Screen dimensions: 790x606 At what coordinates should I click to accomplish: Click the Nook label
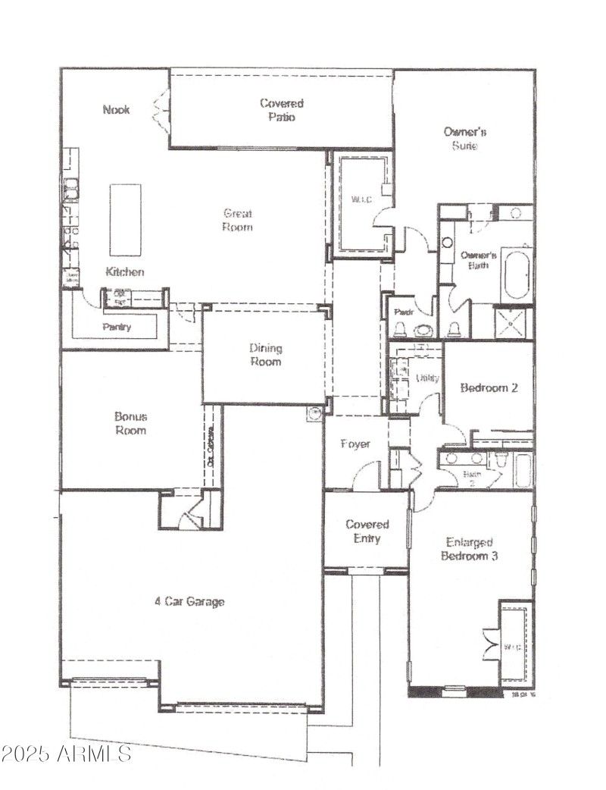coord(116,109)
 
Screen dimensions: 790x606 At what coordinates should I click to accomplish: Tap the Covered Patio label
coord(281,110)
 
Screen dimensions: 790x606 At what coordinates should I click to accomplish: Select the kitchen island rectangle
coord(125,220)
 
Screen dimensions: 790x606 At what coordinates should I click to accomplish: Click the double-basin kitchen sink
coord(70,189)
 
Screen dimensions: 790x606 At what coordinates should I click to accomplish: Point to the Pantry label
coord(117,327)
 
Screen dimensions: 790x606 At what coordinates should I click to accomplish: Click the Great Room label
coord(237,220)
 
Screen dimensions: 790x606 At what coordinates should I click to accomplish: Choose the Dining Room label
coord(265,355)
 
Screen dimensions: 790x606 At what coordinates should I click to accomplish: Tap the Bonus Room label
coord(130,423)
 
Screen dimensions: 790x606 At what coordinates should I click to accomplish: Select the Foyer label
coord(355,444)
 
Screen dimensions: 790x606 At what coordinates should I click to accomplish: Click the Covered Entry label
coord(367,531)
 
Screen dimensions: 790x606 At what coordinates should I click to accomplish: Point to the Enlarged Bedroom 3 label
coord(470,549)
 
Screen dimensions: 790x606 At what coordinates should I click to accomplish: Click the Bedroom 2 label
coord(489,387)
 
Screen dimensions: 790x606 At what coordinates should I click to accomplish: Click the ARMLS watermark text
coord(67,754)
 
